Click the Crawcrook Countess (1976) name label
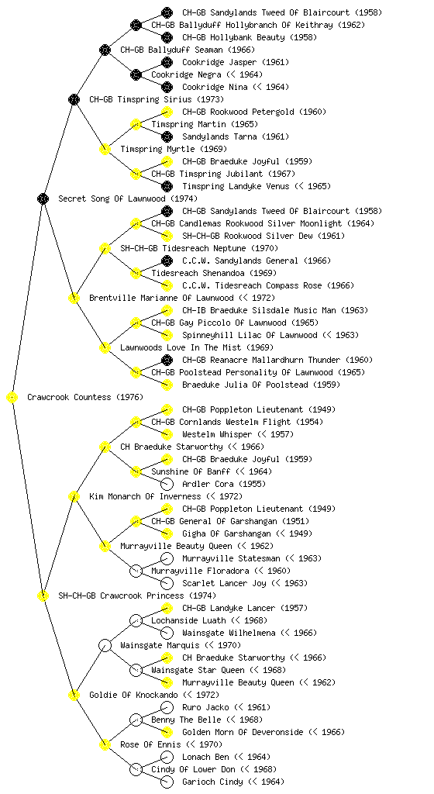85,398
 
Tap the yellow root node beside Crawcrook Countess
12,398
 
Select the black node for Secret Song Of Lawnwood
43,199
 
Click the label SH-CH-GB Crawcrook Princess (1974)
137,596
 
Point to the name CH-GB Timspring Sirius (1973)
157,100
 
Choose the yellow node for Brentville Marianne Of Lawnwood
74,299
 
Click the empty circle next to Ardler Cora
167,484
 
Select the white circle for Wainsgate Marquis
105,646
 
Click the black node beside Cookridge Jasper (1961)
167,62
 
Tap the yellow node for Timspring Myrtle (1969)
105,150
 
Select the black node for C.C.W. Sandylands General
167,261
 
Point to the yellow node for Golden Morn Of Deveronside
167,732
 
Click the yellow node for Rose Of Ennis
105,745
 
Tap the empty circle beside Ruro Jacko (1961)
167,707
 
